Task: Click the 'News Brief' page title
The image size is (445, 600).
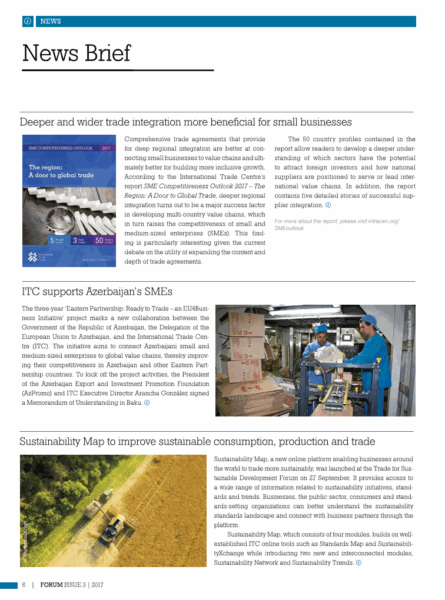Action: (x=77, y=53)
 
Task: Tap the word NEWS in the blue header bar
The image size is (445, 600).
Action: (x=51, y=22)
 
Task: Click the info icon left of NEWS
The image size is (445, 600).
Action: (x=27, y=22)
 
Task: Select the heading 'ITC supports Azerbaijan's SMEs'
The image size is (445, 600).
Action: (x=97, y=292)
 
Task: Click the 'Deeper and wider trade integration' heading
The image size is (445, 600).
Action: (x=185, y=122)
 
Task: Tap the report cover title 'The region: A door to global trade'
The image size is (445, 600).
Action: (x=61, y=171)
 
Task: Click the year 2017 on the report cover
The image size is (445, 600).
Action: (x=107, y=148)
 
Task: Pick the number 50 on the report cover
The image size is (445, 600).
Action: (x=99, y=240)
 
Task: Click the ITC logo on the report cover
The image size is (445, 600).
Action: (x=33, y=256)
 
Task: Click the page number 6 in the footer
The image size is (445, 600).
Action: (x=24, y=585)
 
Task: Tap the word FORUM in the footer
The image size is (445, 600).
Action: (x=52, y=585)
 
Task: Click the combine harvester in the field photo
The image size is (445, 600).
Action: (x=111, y=527)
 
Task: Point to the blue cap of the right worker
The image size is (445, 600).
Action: (x=369, y=321)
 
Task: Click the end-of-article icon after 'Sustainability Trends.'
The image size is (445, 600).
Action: (x=358, y=563)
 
